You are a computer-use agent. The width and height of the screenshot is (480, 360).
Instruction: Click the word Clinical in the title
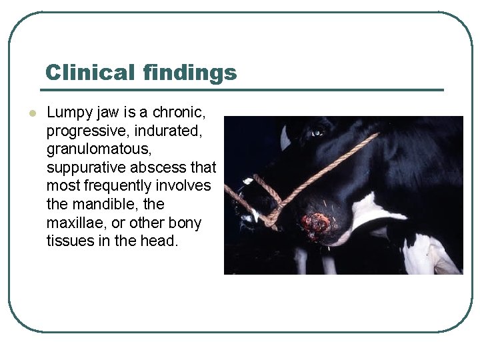point(90,72)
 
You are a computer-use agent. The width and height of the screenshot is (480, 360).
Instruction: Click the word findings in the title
point(189,72)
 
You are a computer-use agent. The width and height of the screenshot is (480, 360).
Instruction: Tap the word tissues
point(70,241)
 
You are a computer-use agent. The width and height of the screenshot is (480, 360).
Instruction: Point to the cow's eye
point(317,132)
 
